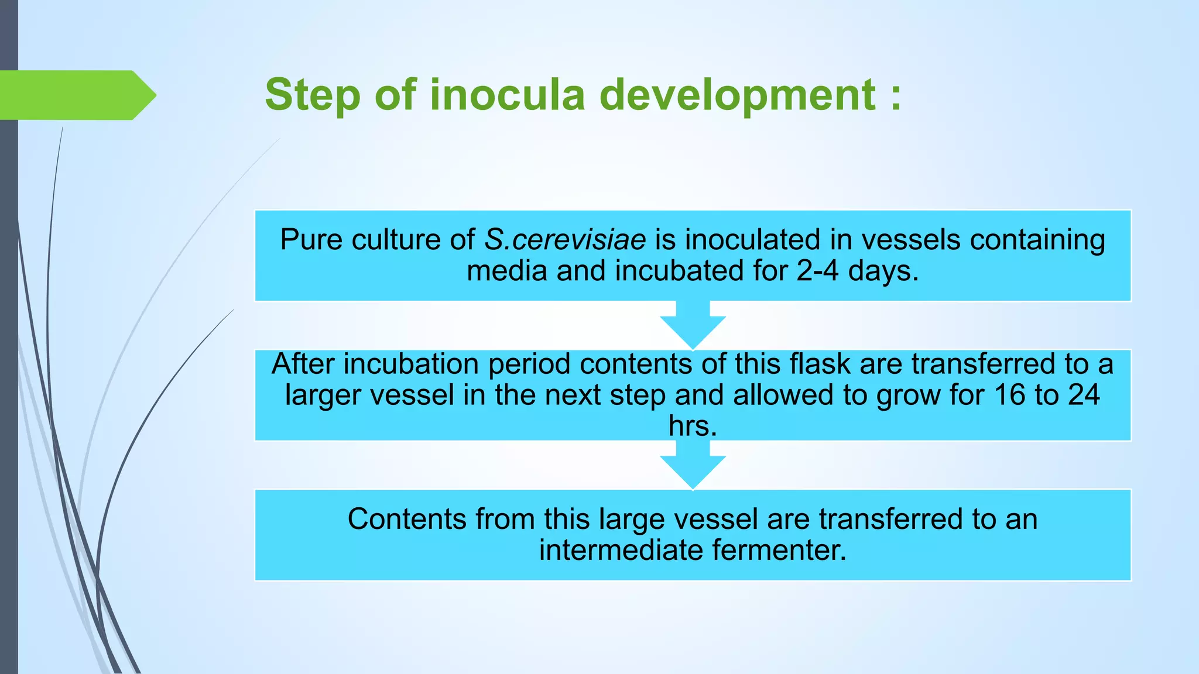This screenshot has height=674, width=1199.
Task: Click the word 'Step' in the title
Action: [x=312, y=95]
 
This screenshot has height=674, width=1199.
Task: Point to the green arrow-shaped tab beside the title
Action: [x=76, y=95]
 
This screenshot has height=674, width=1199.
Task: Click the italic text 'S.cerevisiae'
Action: [x=565, y=240]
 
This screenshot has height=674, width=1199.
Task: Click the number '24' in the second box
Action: [x=1084, y=395]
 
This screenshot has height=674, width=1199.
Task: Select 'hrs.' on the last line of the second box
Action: [x=693, y=426]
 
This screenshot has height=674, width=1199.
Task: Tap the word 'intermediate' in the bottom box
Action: [x=621, y=550]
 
